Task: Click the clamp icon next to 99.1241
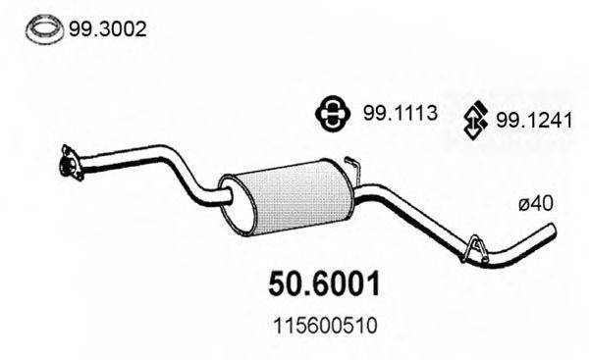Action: [474, 123]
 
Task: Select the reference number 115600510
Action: [323, 322]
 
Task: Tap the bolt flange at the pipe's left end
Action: [68, 164]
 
